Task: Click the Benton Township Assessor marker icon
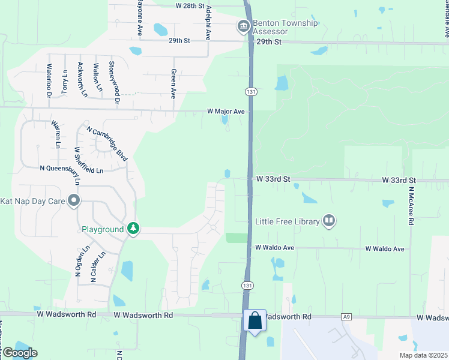[243, 27]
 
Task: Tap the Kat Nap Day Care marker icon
[74, 200]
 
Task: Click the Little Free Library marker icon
[328, 221]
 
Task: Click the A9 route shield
[346, 316]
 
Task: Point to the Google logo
[19, 353]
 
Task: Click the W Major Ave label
[226, 112]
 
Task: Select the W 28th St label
[195, 5]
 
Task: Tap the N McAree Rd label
[411, 205]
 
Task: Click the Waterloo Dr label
[50, 80]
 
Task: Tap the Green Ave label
[173, 83]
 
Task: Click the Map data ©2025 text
[422, 355]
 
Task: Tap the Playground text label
[103, 229]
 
